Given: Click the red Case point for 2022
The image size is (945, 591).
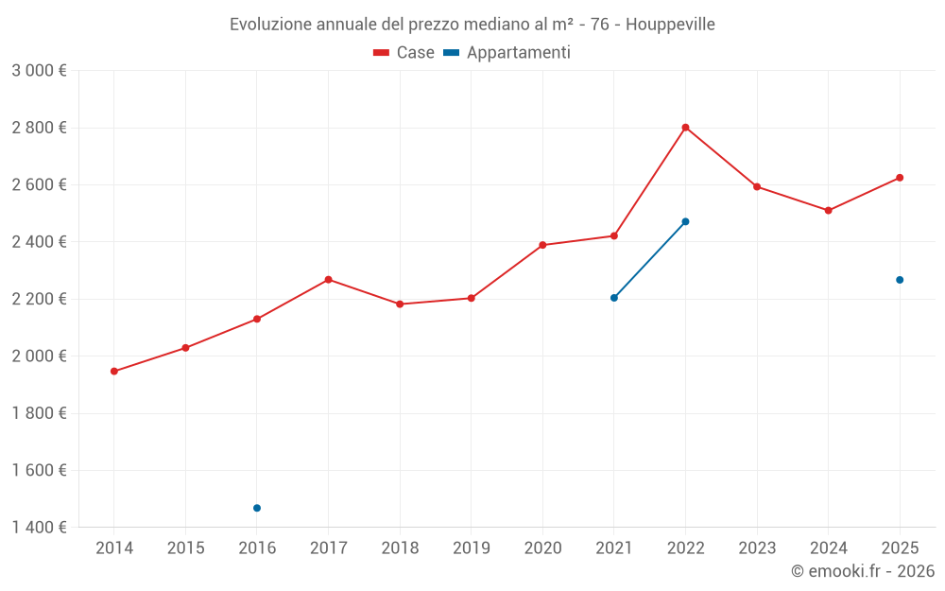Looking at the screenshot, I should click(x=685, y=128).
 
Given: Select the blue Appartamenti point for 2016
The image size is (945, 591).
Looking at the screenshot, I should click(x=257, y=508).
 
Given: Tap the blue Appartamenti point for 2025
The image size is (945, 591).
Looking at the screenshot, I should click(x=900, y=280).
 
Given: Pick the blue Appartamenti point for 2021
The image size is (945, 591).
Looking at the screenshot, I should click(x=614, y=298).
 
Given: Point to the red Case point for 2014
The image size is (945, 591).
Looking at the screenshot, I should click(x=114, y=372).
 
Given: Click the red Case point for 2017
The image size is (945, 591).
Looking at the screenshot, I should click(x=328, y=280).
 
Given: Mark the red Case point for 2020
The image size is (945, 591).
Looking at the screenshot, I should click(x=542, y=245).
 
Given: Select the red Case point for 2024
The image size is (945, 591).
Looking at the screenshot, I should click(x=828, y=210).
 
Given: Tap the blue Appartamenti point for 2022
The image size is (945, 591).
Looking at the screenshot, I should click(x=685, y=221).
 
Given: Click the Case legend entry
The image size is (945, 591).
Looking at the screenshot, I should click(x=404, y=53).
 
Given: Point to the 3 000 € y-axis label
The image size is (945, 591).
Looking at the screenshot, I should click(x=39, y=71).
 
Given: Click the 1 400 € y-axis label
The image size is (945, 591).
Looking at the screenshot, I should click(x=39, y=528).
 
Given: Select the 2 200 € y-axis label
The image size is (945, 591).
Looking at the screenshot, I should click(x=39, y=299).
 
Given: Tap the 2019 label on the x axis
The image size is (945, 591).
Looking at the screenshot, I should click(x=471, y=548).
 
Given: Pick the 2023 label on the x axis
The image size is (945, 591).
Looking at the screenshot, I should click(x=757, y=548).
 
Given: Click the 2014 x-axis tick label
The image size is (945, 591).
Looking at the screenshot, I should click(x=114, y=548).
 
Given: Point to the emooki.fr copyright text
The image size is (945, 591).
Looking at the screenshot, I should click(x=863, y=571).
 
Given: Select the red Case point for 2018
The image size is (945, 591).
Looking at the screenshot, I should click(x=400, y=304).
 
